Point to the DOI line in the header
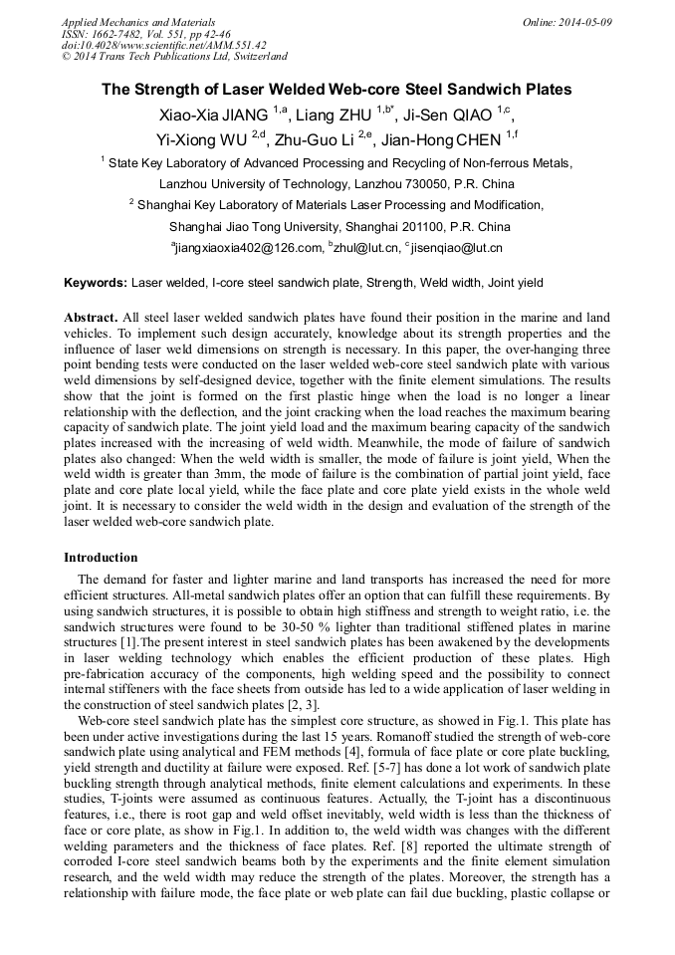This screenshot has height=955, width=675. click(x=163, y=45)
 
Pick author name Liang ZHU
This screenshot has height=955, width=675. click(x=332, y=115)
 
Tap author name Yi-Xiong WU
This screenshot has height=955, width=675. click(x=204, y=138)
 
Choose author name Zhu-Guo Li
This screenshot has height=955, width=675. click(x=316, y=138)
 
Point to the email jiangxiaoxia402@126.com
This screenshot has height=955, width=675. click(x=249, y=248)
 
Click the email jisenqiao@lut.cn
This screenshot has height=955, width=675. click(x=456, y=248)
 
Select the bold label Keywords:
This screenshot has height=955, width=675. click(x=96, y=283)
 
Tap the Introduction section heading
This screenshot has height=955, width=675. click(x=101, y=558)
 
